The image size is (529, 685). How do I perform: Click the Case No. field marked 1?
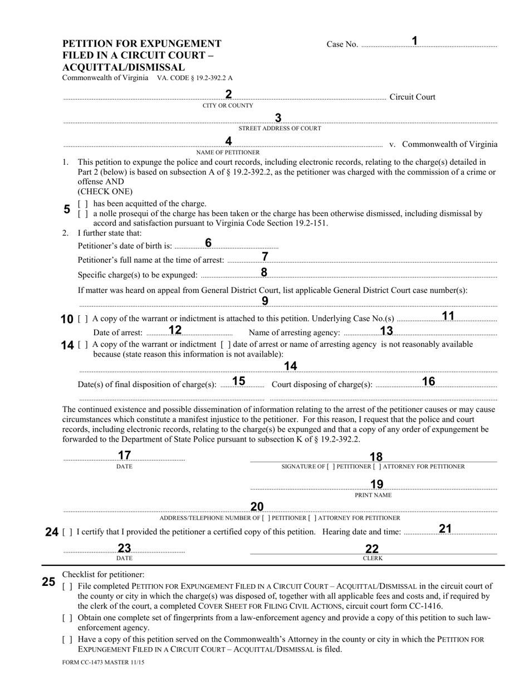[429, 44]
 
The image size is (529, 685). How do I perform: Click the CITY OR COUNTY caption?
[228, 105]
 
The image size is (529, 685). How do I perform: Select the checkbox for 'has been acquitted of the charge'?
[82, 204]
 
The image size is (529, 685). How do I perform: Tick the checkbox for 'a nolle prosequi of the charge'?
[82, 214]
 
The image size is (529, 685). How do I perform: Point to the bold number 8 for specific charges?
[264, 272]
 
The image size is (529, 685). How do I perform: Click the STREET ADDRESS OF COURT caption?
[280, 129]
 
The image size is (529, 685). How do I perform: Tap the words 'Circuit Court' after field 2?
[412, 97]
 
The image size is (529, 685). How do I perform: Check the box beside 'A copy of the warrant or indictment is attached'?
[82, 319]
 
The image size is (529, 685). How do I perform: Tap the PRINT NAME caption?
[373, 495]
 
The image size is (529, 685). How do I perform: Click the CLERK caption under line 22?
[373, 558]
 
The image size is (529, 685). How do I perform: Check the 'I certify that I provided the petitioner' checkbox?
[67, 532]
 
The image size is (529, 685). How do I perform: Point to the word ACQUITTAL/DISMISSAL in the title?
[124, 67]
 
